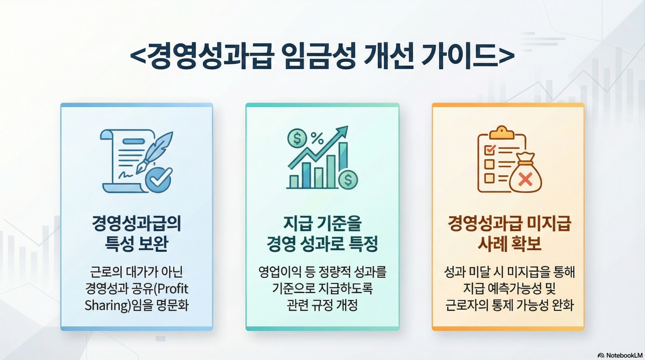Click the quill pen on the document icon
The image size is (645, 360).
click(x=154, y=152)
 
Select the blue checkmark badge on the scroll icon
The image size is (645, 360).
click(x=159, y=180)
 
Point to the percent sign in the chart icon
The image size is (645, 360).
click(x=317, y=138)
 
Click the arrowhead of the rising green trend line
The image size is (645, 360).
click(x=342, y=131)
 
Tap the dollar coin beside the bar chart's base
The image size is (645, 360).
click(x=348, y=180)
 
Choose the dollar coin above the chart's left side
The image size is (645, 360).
click(x=297, y=138)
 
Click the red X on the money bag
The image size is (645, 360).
click(x=525, y=179)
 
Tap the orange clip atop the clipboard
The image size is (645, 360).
click(x=502, y=133)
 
